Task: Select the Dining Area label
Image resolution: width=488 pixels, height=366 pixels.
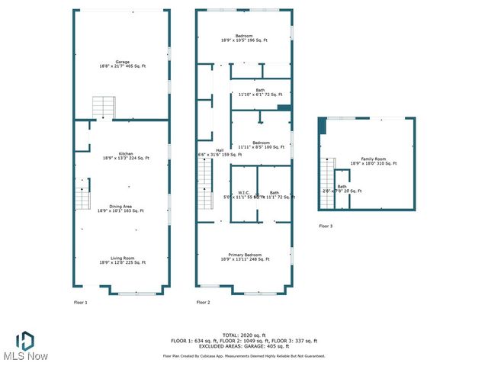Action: click(x=122, y=208)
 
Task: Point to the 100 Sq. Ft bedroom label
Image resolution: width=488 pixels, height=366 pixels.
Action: click(x=261, y=145)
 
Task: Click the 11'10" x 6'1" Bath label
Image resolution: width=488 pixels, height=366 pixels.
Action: click(x=261, y=92)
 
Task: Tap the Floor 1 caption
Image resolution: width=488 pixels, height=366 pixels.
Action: click(x=80, y=303)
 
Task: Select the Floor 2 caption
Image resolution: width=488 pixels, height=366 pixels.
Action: click(x=203, y=303)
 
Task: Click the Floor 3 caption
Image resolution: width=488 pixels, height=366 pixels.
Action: click(x=326, y=226)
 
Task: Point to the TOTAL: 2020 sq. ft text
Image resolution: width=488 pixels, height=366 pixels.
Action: click(x=243, y=334)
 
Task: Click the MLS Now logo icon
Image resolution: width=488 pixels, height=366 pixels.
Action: click(x=25, y=341)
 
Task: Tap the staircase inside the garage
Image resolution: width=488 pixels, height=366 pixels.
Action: click(x=103, y=108)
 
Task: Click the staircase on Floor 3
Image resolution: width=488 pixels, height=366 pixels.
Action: click(x=328, y=177)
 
